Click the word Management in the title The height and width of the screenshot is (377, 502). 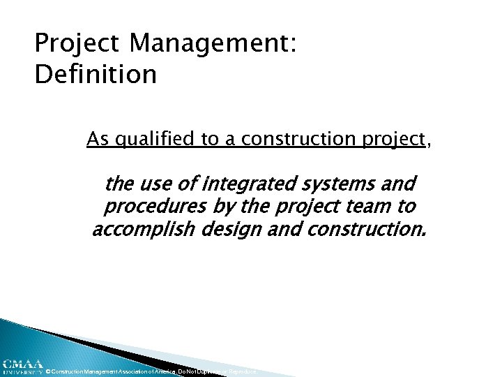213,45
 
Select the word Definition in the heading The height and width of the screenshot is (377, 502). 96,74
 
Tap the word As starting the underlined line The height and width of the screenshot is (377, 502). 97,140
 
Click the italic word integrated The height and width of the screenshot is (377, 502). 243,185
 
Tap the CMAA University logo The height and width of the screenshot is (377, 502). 22,367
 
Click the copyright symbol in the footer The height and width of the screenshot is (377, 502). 47,372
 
